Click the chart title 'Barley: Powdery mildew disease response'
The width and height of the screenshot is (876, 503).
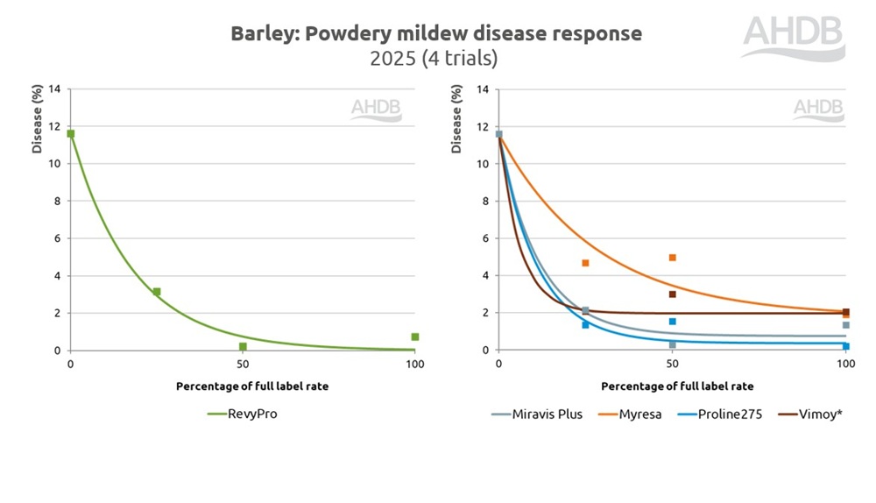tap(436, 34)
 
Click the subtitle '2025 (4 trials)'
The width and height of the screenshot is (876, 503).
tap(436, 59)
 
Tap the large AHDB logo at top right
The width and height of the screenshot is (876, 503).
tap(794, 38)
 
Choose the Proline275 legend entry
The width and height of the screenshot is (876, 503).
tap(721, 414)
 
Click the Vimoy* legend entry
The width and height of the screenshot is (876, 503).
tap(811, 414)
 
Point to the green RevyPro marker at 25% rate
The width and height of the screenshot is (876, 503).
tap(157, 292)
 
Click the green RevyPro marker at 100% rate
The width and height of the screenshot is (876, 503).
tap(415, 337)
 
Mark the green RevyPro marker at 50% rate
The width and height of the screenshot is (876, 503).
tap(243, 347)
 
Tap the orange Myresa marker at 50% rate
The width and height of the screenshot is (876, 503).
tap(672, 258)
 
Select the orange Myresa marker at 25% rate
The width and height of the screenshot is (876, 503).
tap(585, 263)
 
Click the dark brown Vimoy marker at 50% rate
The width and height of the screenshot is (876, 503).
tap(672, 294)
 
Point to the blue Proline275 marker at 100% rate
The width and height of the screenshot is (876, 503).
tap(846, 347)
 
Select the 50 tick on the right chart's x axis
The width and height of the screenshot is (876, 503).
tap(672, 364)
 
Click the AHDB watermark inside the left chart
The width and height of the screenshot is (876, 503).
tap(376, 109)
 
